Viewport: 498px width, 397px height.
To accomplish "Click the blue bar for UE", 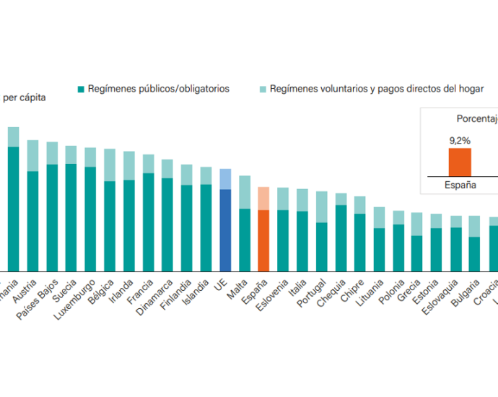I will click(225, 220).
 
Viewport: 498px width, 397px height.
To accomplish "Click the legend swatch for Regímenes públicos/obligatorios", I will click(82, 90).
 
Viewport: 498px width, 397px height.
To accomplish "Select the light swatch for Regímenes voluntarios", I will click(263, 90).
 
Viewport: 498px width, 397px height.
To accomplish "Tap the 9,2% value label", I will click(460, 140).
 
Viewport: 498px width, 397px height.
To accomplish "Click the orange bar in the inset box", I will click(460, 162).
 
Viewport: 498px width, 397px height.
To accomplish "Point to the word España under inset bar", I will click(460, 185).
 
